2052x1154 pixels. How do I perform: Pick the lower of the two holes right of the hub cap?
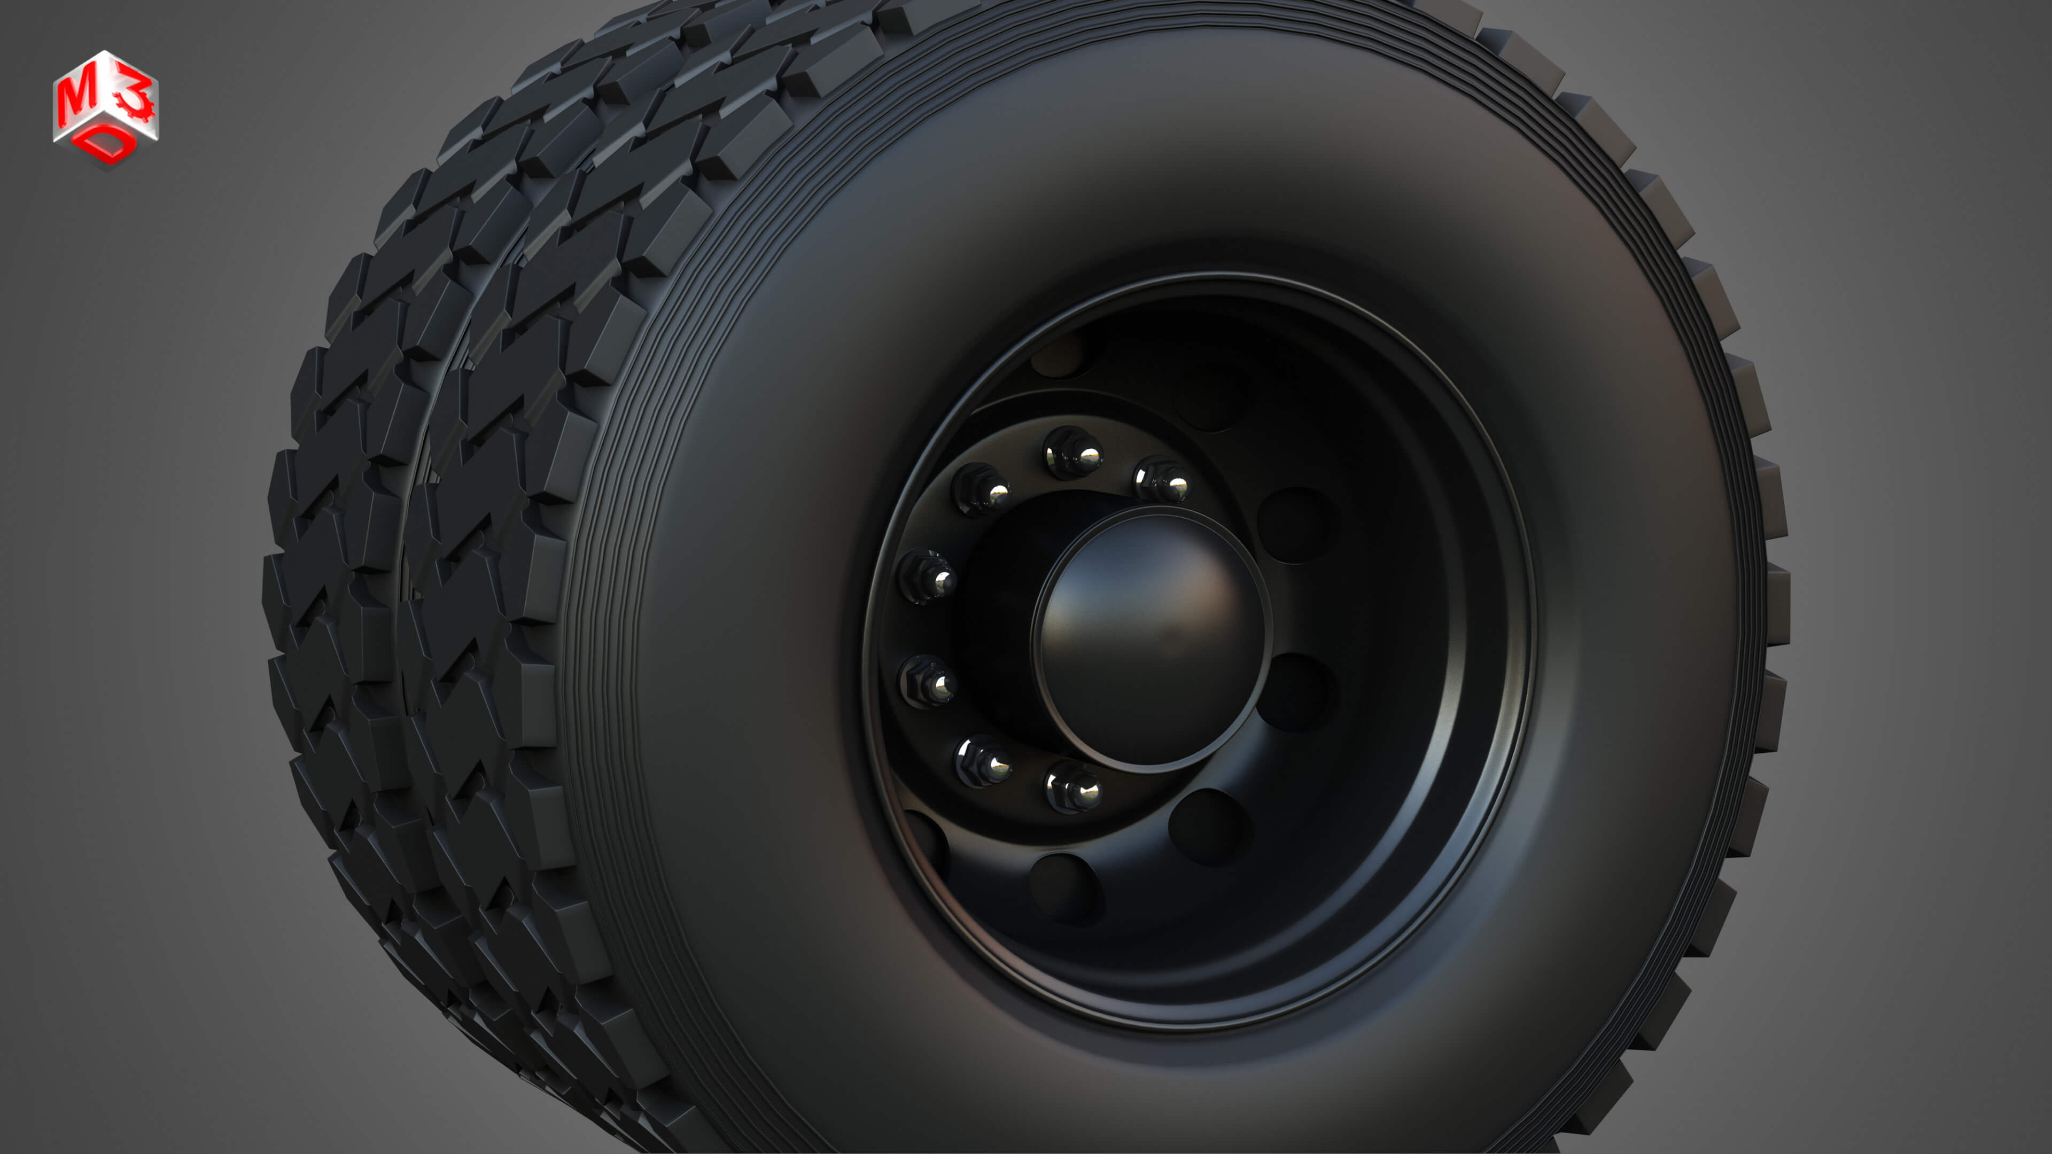click(x=1297, y=691)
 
